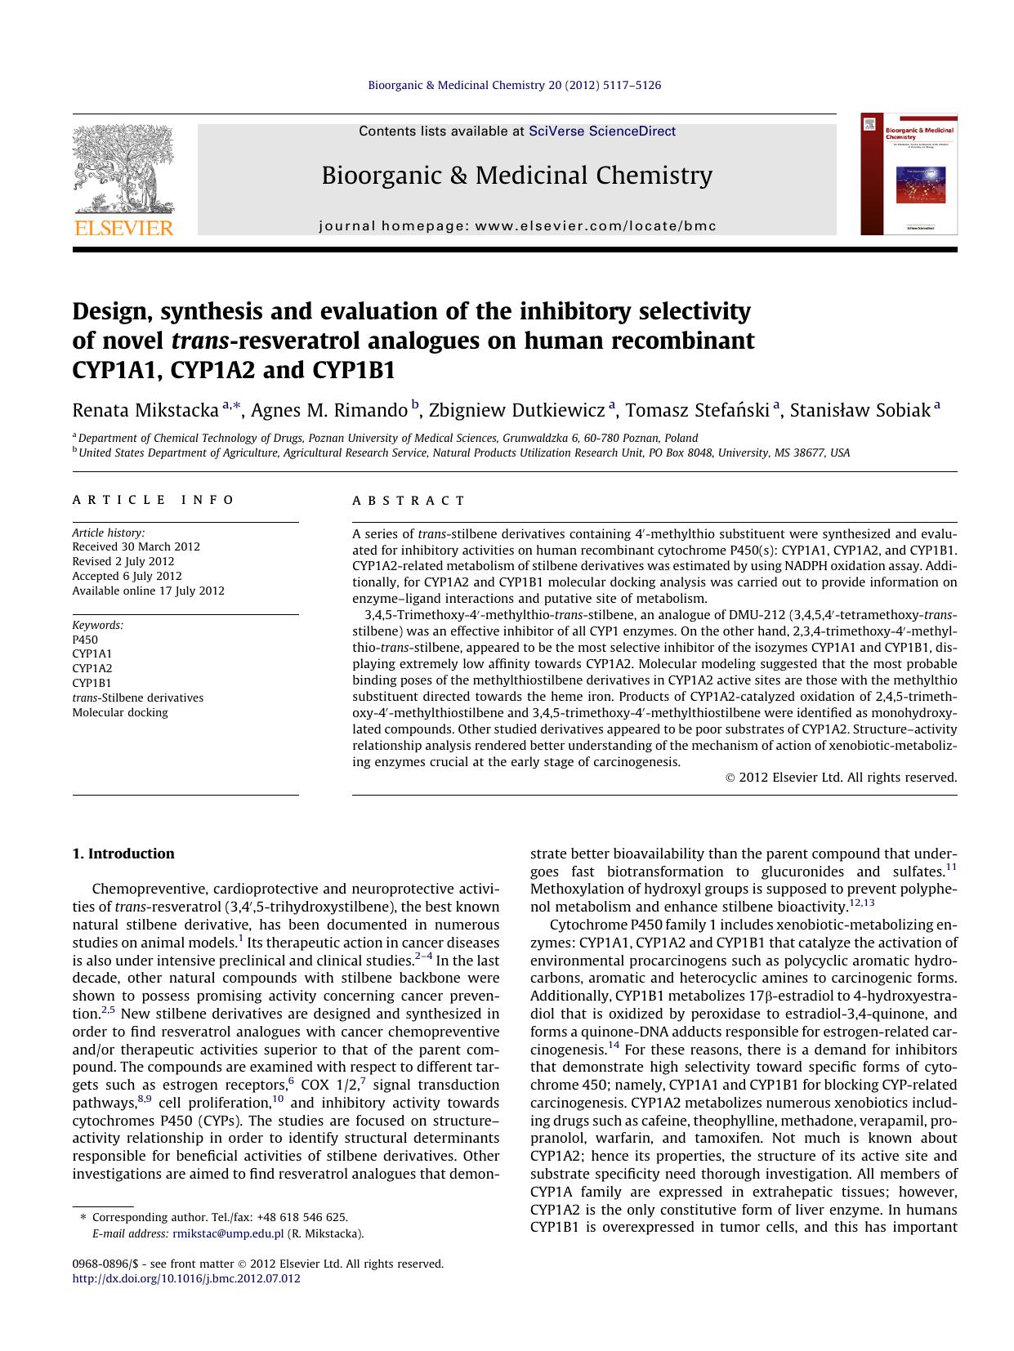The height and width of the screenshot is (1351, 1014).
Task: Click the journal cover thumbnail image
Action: [x=909, y=174]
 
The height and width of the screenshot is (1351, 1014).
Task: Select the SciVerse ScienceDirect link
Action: [x=602, y=131]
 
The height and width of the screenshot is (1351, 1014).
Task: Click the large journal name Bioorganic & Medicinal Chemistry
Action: [x=516, y=175]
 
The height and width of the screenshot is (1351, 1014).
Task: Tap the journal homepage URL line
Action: [x=517, y=226]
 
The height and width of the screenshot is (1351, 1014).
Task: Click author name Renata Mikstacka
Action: [x=145, y=410]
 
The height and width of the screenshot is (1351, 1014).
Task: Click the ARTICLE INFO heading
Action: [x=154, y=500]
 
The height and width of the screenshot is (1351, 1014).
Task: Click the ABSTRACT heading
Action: [x=409, y=501]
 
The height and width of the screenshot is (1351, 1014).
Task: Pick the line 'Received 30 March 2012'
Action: [x=136, y=546]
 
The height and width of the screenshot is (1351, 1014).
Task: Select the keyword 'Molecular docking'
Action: [x=120, y=712]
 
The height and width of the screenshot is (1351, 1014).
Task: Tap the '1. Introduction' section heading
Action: [x=123, y=854]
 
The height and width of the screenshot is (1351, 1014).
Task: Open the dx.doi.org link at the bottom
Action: [x=186, y=1278]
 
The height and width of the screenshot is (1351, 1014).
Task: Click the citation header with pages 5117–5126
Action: [x=515, y=85]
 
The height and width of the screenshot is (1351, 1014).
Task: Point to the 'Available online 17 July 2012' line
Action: [x=148, y=591]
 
